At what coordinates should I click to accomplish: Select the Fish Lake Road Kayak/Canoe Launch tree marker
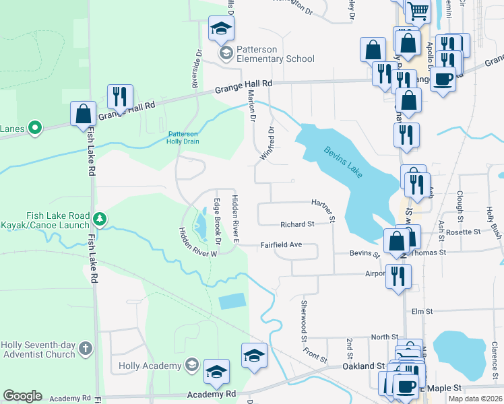pyautogui.click(x=100, y=219)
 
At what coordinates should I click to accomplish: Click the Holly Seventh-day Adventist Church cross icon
pyautogui.click(x=85, y=348)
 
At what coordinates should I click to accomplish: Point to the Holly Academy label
pyautogui.click(x=150, y=366)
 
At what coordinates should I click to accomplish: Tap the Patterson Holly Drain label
pyautogui.click(x=183, y=137)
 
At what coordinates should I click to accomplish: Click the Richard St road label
pyautogui.click(x=297, y=224)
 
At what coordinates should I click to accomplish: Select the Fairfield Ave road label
pyautogui.click(x=281, y=246)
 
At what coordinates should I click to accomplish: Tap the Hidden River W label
pyautogui.click(x=197, y=242)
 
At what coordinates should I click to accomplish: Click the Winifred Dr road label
pyautogui.click(x=267, y=143)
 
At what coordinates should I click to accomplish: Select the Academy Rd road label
pyautogui.click(x=212, y=394)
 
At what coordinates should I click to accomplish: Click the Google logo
pyautogui.click(x=22, y=396)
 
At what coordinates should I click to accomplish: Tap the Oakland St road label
pyautogui.click(x=363, y=366)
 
